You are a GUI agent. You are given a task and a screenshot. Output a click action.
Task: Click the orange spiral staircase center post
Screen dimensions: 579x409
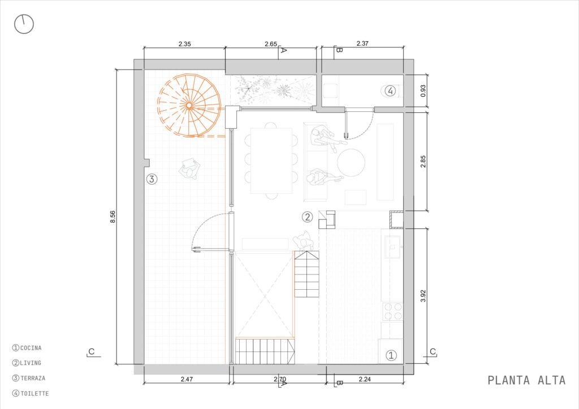point(189,106)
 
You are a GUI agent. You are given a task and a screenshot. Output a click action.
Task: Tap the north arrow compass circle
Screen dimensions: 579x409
point(24,24)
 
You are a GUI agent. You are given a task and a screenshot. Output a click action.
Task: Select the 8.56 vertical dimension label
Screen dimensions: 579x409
point(113,216)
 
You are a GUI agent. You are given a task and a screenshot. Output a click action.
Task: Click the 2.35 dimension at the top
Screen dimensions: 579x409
point(185,44)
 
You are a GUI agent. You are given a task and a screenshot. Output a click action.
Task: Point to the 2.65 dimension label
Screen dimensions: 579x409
point(271,44)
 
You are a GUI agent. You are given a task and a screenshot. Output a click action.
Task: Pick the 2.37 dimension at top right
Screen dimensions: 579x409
point(362,43)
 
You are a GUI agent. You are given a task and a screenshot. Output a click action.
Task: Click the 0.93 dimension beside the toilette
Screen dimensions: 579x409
point(423,91)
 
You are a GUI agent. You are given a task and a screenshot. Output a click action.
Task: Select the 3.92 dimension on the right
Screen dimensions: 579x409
point(423,296)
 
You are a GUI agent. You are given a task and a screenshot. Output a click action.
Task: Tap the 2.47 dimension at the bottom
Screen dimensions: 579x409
point(187,378)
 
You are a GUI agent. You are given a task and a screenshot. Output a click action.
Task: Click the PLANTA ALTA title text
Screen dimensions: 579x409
point(526,380)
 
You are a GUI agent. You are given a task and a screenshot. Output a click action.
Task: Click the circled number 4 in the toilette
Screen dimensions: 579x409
point(391,90)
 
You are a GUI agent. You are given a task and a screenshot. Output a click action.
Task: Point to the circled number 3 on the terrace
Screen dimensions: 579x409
point(152,179)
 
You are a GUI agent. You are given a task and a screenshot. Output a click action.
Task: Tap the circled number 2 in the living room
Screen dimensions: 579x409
point(307,217)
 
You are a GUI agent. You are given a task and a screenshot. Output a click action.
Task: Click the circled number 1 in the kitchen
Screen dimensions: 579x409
point(391,355)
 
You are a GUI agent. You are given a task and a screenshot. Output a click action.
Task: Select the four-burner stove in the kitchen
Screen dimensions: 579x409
point(392,311)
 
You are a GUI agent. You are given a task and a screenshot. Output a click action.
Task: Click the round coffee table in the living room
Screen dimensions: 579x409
point(351,163)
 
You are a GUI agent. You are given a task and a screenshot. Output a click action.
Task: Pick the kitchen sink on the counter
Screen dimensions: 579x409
point(394,247)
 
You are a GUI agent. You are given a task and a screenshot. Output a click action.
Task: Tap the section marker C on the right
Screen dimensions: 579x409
point(433,352)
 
